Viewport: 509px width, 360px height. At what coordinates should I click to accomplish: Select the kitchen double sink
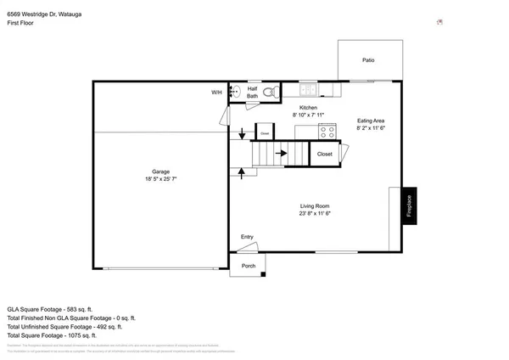coord(307,90)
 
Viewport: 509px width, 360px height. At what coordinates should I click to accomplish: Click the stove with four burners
coord(327,131)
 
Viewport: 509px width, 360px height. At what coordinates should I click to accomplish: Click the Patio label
coord(368,60)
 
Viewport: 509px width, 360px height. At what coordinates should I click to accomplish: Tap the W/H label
coord(216,93)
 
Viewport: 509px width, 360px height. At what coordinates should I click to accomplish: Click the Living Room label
coord(314,206)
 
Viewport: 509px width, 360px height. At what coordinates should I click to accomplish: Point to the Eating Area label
coord(371,121)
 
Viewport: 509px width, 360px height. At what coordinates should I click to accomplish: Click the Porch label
coord(249,266)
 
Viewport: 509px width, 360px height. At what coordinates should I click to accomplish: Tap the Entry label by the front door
coord(247,237)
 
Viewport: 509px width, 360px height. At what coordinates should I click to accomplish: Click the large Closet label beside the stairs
coord(325,155)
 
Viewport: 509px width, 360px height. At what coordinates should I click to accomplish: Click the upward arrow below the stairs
coord(243,172)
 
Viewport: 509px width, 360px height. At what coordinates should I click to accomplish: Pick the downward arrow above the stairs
coord(243,133)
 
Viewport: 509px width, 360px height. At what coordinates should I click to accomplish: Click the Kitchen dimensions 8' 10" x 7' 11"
coord(308,114)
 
